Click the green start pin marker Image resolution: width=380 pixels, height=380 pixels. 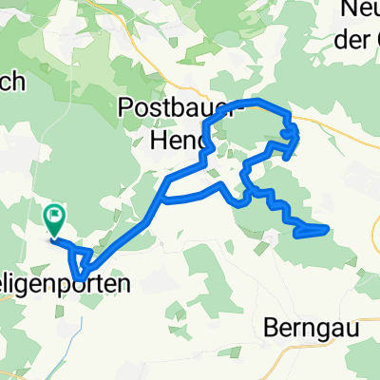point(54,221)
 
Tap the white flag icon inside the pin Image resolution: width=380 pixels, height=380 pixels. point(54,218)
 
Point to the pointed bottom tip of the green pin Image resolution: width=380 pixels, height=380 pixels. point(54,237)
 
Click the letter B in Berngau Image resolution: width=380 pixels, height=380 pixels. point(267,325)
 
